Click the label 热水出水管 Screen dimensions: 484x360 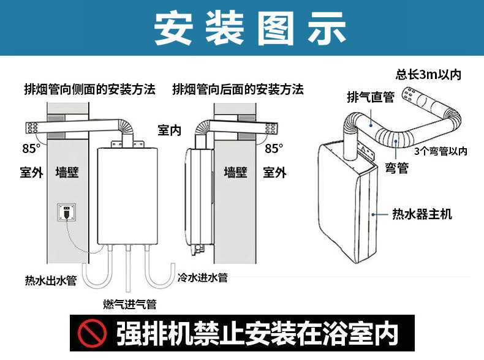51,281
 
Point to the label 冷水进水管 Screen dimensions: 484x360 202,277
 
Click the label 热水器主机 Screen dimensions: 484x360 422,214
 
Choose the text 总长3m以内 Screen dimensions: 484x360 428,75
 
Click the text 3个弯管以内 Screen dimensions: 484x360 440,151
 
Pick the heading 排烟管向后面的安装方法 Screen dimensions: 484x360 238,89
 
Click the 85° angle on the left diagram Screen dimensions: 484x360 31,148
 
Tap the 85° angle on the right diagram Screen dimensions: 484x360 274,148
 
